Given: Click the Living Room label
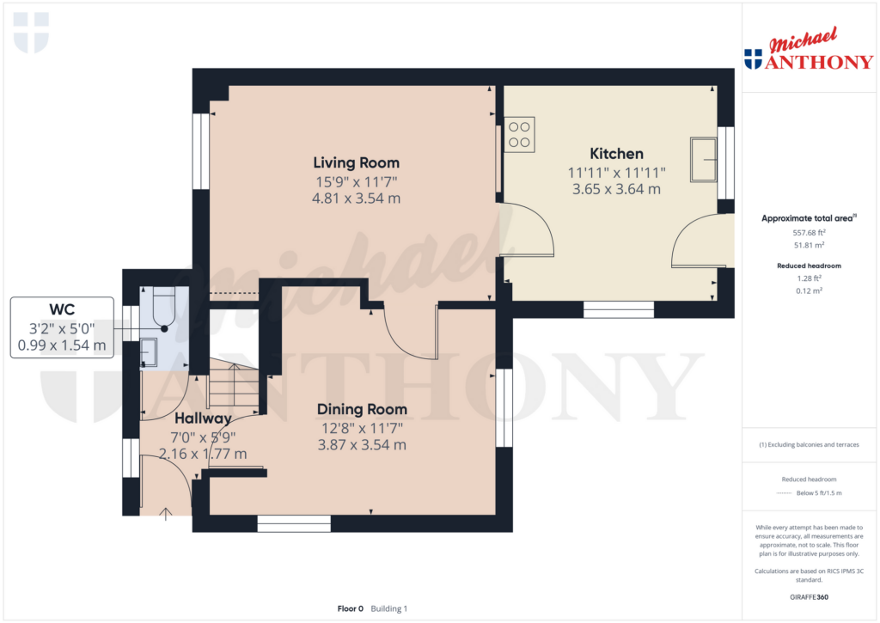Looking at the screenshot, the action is point(357,162).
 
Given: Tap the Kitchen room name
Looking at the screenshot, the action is point(616,154).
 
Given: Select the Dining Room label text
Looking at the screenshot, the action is point(362,409).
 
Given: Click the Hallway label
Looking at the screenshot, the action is point(203,418).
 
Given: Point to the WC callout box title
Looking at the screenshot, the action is point(62,310).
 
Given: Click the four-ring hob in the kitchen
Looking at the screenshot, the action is point(519,135).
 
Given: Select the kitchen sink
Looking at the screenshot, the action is point(704,159).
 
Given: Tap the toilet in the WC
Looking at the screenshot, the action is point(164,308).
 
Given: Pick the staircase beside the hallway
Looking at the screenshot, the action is point(234,385).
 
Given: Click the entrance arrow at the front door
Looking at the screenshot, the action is point(166,514).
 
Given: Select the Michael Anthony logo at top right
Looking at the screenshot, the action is point(809,49).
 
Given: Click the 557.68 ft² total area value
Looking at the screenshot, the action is point(809,232).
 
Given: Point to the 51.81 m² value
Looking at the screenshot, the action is point(809,245).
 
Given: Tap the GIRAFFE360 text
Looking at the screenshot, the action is point(809,597).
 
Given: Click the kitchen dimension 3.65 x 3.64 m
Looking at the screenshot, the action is point(616,189).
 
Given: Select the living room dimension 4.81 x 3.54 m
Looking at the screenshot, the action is point(357,199).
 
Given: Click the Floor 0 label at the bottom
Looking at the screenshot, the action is point(351,608).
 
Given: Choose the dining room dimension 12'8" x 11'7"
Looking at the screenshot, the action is point(362,428).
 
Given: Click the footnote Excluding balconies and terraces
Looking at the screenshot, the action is point(809,444).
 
